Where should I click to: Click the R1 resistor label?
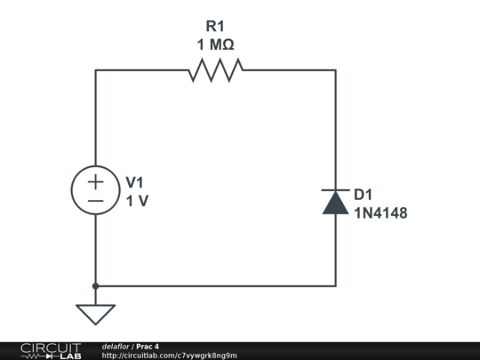(214, 27)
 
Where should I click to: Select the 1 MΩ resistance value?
(214, 45)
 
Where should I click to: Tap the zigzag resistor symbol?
(215, 69)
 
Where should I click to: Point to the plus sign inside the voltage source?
(95, 181)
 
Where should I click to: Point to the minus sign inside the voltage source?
(95, 202)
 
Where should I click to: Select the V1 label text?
(134, 182)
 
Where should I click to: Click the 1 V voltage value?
(137, 201)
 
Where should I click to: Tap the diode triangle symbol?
(335, 204)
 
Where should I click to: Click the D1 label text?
(364, 195)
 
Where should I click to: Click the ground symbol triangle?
(95, 314)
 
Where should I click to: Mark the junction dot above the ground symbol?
(95, 286)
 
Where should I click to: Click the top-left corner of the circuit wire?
(95, 69)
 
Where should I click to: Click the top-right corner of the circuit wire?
(335, 69)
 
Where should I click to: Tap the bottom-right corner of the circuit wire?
(335, 286)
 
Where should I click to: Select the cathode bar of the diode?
(335, 191)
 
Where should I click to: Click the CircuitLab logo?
(50, 350)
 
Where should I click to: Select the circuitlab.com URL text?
(170, 356)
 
